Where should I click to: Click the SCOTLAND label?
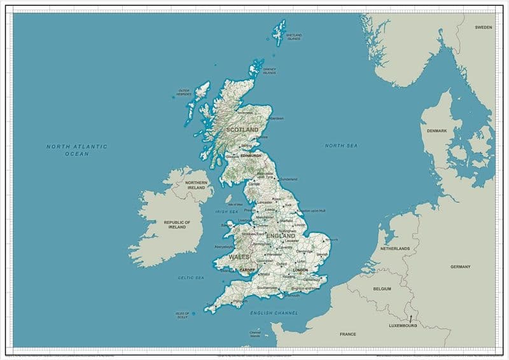pos(242,130)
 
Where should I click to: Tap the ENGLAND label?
pos(281,236)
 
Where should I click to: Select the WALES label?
pos(239,257)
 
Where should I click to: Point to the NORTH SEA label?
pos(341,146)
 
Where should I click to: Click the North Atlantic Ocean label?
pos(77,150)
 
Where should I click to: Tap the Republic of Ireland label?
pos(177,225)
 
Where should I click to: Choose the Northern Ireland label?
pos(196,185)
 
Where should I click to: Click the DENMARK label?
pos(437,131)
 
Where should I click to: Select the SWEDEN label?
pos(484,27)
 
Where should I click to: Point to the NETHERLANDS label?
pos(395,249)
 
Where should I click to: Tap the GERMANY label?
pos(460,267)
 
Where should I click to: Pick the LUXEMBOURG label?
pos(403,326)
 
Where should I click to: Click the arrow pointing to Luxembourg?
pos(410,317)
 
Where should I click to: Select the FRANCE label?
pos(348,334)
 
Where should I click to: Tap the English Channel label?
pos(274,314)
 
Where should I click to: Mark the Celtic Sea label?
pos(191,278)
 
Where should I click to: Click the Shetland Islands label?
pos(293,37)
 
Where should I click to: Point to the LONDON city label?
pos(300,270)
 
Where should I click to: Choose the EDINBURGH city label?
pos(251,155)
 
